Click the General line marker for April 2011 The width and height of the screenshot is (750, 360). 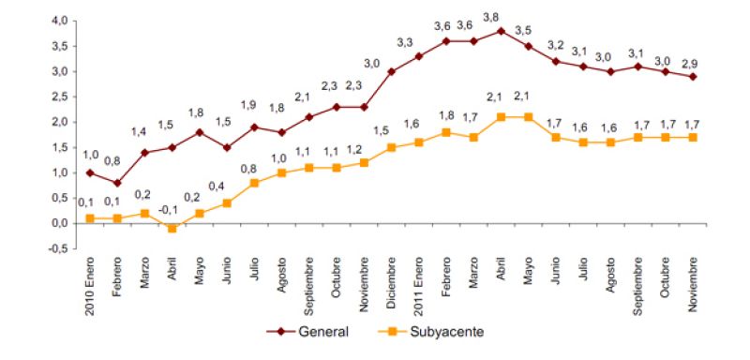point(502,30)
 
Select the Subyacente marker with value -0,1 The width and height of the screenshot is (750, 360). point(172,229)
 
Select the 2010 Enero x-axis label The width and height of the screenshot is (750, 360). point(91,281)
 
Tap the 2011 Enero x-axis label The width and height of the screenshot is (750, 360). point(419,281)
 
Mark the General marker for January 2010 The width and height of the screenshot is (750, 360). point(91,172)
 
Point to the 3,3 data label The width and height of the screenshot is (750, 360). point(405,42)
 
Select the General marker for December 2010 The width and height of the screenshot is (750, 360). point(392,71)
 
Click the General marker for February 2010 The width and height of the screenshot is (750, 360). point(118,183)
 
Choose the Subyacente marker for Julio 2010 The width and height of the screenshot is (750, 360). point(255,183)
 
